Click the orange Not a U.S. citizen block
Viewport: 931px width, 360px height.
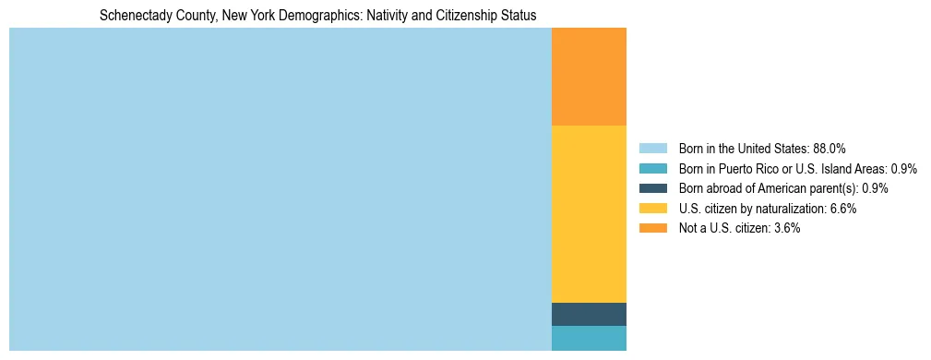point(589,77)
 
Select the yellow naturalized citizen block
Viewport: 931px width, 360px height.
point(589,213)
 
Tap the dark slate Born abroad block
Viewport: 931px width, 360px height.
point(589,314)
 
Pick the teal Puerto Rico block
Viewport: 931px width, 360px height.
point(589,338)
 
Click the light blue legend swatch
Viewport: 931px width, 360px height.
point(652,149)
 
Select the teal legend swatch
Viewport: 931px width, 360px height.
point(652,169)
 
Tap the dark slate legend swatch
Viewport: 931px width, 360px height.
point(652,188)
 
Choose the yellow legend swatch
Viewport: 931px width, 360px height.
point(652,209)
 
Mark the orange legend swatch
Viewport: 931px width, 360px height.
point(652,228)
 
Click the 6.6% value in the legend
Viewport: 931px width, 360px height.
point(840,209)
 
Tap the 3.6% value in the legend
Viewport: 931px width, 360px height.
point(783,228)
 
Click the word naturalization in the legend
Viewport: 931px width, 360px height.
point(790,209)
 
